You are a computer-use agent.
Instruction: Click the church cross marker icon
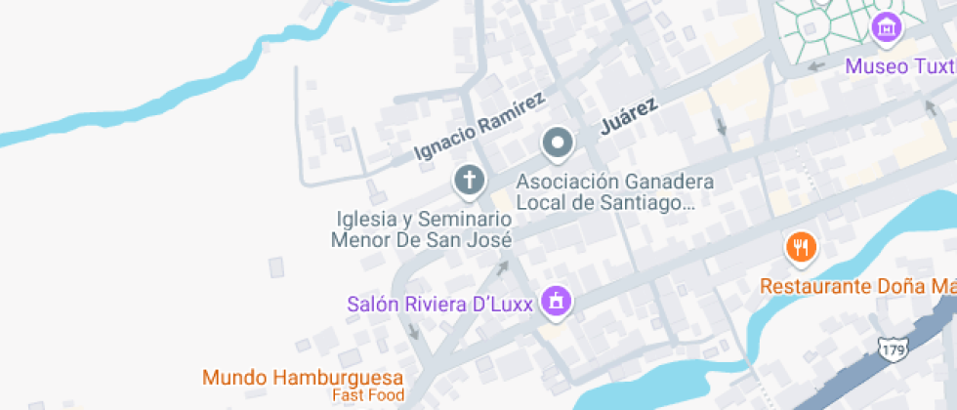coord(470,180)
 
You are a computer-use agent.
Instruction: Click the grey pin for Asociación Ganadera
coord(558,143)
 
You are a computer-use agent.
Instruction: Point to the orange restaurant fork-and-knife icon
coord(801,247)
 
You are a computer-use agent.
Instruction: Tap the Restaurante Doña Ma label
coord(857,286)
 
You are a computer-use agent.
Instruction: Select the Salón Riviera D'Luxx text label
coord(439,304)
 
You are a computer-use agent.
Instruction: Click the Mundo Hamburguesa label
coord(303,377)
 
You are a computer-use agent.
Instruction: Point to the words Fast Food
coord(368,395)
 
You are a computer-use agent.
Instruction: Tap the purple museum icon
coord(886,29)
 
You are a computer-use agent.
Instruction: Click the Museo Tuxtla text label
coord(899,66)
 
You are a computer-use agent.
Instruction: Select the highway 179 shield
coord(891,348)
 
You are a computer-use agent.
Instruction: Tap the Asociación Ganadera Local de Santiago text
coord(614,192)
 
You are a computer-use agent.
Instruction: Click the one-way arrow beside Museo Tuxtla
coord(816,66)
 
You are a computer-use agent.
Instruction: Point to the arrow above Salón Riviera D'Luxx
coord(503,266)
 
